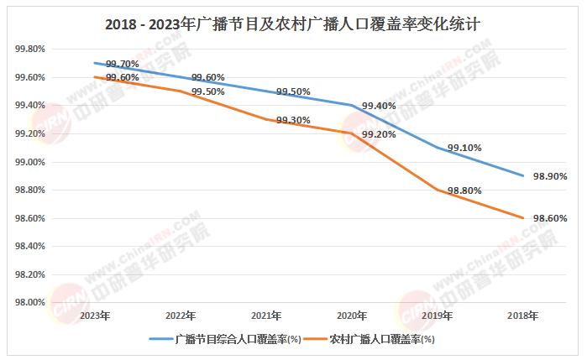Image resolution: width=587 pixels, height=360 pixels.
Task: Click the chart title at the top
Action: click(292, 24)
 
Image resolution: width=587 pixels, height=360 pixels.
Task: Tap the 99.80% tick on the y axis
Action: click(30, 49)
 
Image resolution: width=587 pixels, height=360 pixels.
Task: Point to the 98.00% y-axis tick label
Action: click(30, 302)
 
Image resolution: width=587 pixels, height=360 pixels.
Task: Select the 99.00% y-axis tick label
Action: click(30, 162)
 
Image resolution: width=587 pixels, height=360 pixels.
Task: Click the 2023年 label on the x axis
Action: click(95, 316)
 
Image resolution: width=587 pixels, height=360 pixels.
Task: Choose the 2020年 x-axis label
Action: click(352, 316)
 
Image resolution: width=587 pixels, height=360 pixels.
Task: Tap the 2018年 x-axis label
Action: click(523, 316)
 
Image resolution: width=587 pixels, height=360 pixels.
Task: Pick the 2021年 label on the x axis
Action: click(266, 316)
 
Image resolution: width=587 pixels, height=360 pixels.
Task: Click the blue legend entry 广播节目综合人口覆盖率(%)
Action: click(225, 339)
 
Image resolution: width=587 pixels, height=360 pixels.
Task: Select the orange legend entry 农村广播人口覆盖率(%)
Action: click(369, 339)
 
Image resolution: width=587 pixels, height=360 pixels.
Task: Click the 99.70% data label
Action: click(123, 64)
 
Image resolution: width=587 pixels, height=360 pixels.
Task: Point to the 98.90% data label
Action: click(550, 176)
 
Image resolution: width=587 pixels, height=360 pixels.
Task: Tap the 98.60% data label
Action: click(550, 218)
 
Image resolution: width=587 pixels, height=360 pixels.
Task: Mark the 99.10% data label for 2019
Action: click(464, 148)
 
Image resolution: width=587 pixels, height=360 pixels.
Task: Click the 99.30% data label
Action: click(294, 120)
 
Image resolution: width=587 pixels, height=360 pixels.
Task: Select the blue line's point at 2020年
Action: click(352, 105)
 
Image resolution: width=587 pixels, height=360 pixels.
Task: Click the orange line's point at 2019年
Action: click(438, 190)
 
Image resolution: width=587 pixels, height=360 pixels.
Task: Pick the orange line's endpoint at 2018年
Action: click(523, 218)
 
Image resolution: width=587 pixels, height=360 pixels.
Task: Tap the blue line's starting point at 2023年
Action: click(95, 63)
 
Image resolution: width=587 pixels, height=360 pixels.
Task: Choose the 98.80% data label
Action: click(464, 190)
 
